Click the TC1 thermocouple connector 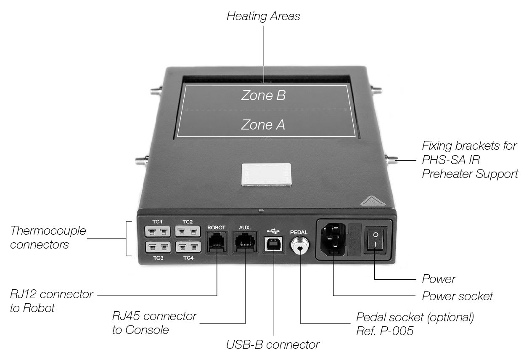158,231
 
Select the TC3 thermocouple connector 158,246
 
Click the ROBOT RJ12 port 217,243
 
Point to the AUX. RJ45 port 245,243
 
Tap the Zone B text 263,95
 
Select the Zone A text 263,124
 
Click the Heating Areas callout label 263,16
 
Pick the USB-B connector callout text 272,345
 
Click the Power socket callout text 457,296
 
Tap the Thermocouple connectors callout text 48,237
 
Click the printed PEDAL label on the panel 299,232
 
